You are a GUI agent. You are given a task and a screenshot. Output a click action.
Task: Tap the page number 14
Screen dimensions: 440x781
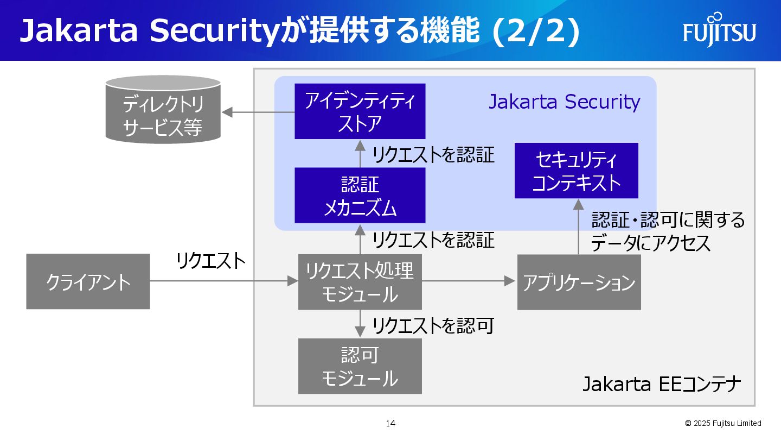pos(390,423)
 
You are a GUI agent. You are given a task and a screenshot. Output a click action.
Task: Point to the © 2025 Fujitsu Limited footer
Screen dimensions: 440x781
pos(723,423)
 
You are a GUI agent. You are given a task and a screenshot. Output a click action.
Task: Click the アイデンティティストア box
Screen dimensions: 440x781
pos(360,111)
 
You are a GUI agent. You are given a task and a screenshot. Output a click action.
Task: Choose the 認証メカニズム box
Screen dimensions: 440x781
pos(360,196)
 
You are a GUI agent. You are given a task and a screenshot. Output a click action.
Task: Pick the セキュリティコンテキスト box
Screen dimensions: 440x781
pos(576,171)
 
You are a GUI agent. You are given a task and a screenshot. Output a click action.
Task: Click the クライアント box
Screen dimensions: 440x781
pos(88,281)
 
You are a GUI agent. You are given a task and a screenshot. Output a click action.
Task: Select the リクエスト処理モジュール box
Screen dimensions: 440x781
pos(360,281)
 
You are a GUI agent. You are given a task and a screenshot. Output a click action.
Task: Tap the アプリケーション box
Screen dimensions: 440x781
pos(579,282)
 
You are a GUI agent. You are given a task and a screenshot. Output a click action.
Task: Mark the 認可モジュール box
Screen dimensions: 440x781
pos(360,367)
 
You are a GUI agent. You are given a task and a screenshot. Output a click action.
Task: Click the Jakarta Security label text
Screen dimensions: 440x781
pos(564,102)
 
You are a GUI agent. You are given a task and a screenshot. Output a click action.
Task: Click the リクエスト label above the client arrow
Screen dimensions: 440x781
pos(211,261)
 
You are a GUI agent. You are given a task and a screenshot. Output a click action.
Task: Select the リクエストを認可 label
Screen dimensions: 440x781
pos(433,326)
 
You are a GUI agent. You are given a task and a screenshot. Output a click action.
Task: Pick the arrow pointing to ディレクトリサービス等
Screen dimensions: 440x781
pos(258,112)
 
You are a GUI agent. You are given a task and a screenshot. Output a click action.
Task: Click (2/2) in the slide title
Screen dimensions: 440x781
pos(536,32)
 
